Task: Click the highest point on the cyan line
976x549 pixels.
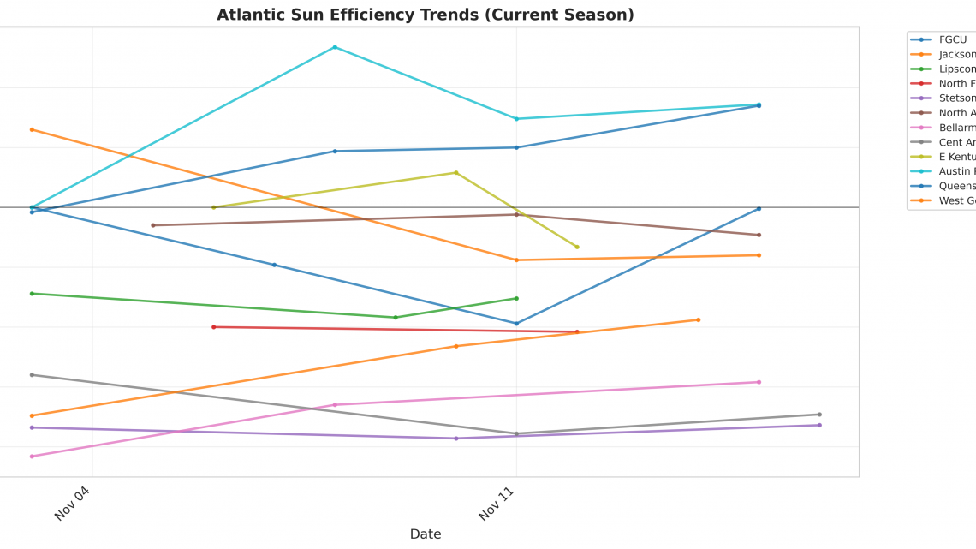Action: (335, 47)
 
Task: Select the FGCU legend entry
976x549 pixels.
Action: (952, 39)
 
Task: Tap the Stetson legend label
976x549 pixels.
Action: (956, 98)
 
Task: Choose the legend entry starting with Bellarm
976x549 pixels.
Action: (956, 128)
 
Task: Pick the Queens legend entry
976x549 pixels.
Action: (956, 186)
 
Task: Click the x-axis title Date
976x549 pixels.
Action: (426, 534)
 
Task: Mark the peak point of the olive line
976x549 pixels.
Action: (455, 172)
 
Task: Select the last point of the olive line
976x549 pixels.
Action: (577, 247)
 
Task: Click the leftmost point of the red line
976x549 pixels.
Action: (214, 326)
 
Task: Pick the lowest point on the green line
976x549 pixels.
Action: (396, 317)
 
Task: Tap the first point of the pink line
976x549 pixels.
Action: (32, 456)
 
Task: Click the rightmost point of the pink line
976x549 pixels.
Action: (759, 382)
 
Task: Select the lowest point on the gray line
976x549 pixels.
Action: (516, 433)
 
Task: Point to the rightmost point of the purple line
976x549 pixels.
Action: (819, 425)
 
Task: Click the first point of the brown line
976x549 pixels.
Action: (153, 225)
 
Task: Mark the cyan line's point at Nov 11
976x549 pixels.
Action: (516, 119)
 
